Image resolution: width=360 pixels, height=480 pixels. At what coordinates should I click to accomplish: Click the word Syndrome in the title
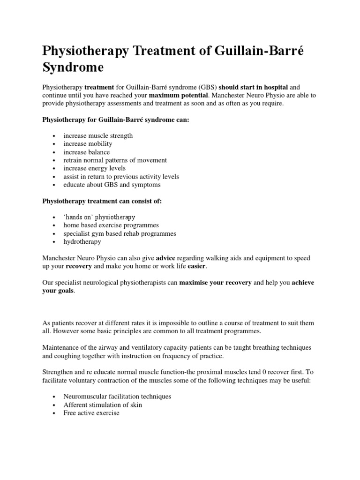(x=73, y=67)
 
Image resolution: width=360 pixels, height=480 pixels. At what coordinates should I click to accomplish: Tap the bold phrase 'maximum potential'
(x=178, y=95)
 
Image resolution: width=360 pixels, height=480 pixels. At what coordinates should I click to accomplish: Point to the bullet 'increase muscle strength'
(x=98, y=135)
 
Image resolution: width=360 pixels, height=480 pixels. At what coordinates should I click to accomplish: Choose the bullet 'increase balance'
(x=87, y=152)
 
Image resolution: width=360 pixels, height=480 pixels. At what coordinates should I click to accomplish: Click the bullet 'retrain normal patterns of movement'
(x=115, y=160)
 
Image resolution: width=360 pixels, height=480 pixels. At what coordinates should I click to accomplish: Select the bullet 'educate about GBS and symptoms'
(x=112, y=185)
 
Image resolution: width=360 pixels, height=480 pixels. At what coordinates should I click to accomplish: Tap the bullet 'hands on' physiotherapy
(x=99, y=217)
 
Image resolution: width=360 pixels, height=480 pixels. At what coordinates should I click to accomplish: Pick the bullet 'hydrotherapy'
(x=82, y=241)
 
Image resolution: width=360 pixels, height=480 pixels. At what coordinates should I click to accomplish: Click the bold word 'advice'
(x=165, y=258)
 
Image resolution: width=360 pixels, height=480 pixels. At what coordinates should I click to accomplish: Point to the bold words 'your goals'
(x=58, y=291)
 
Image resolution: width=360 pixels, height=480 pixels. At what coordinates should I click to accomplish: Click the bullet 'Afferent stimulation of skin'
(x=103, y=405)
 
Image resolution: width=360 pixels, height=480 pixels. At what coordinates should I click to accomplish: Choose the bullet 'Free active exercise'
(x=91, y=412)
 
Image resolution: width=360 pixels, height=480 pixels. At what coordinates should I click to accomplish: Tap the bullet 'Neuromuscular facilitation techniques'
(x=117, y=396)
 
